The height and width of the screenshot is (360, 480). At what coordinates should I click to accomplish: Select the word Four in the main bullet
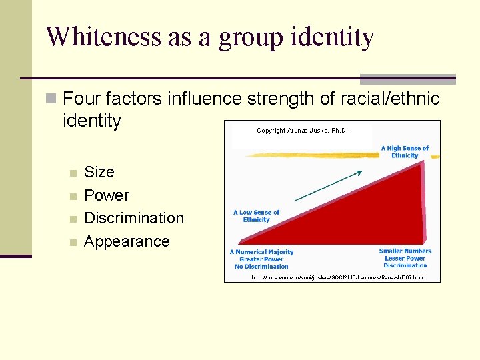point(80,99)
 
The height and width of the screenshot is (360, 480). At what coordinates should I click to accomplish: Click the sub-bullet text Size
point(99,172)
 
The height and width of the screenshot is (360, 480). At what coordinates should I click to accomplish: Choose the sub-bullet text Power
point(107,195)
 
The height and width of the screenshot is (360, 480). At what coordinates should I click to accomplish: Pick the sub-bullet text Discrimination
point(134,218)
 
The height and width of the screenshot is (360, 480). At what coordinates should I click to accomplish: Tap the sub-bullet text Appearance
point(127,241)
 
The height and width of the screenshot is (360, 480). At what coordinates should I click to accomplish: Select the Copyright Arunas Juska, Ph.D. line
point(302,131)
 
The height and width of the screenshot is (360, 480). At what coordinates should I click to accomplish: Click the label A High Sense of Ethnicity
point(405,152)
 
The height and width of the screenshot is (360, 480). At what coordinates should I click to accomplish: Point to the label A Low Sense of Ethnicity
point(257,216)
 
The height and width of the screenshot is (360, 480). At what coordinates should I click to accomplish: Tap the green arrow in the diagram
point(328,185)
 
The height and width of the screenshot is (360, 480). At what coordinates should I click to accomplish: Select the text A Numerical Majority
point(262,252)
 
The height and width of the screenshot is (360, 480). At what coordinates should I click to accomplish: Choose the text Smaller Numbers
point(405,251)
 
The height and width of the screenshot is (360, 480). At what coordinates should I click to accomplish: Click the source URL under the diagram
point(337,277)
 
